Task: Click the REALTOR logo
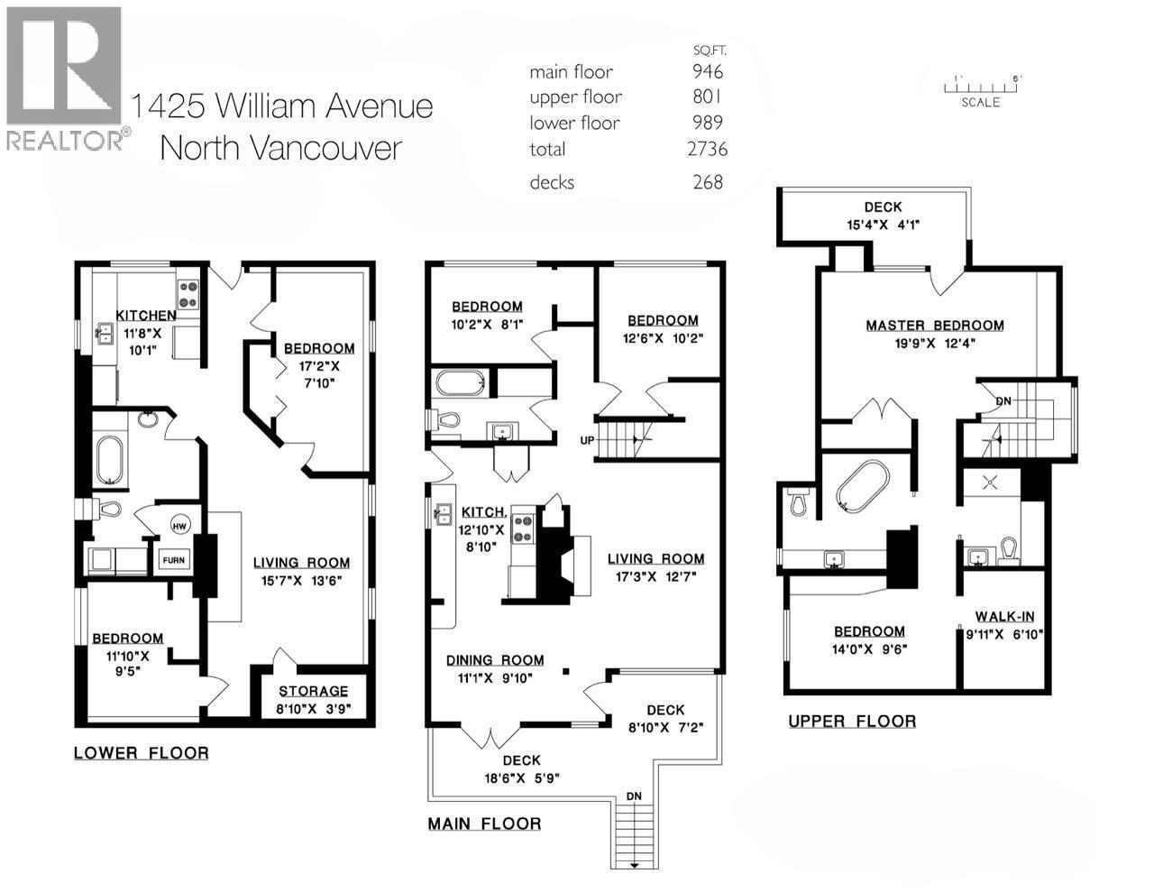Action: tap(63, 78)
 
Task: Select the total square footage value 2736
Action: tap(707, 149)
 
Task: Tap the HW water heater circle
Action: tap(179, 526)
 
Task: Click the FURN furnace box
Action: tap(174, 560)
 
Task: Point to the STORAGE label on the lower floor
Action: tap(312, 691)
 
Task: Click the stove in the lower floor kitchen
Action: tap(188, 293)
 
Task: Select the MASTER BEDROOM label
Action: tap(935, 326)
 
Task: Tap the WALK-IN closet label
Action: tap(1004, 617)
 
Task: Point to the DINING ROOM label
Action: tap(495, 660)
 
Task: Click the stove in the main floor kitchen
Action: tap(524, 529)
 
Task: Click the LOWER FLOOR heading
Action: tap(141, 753)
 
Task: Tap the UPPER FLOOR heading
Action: tap(852, 721)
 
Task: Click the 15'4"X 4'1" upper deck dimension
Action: tap(882, 225)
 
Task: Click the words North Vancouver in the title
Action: tap(280, 147)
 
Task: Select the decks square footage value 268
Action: tap(708, 182)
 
